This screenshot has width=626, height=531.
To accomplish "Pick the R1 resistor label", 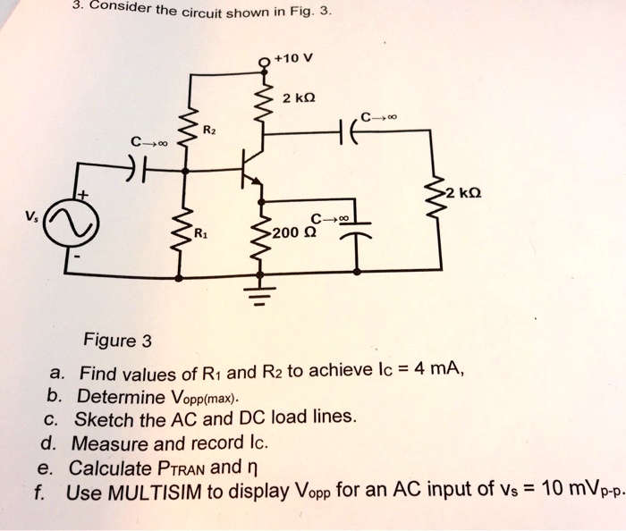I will [205, 235].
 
